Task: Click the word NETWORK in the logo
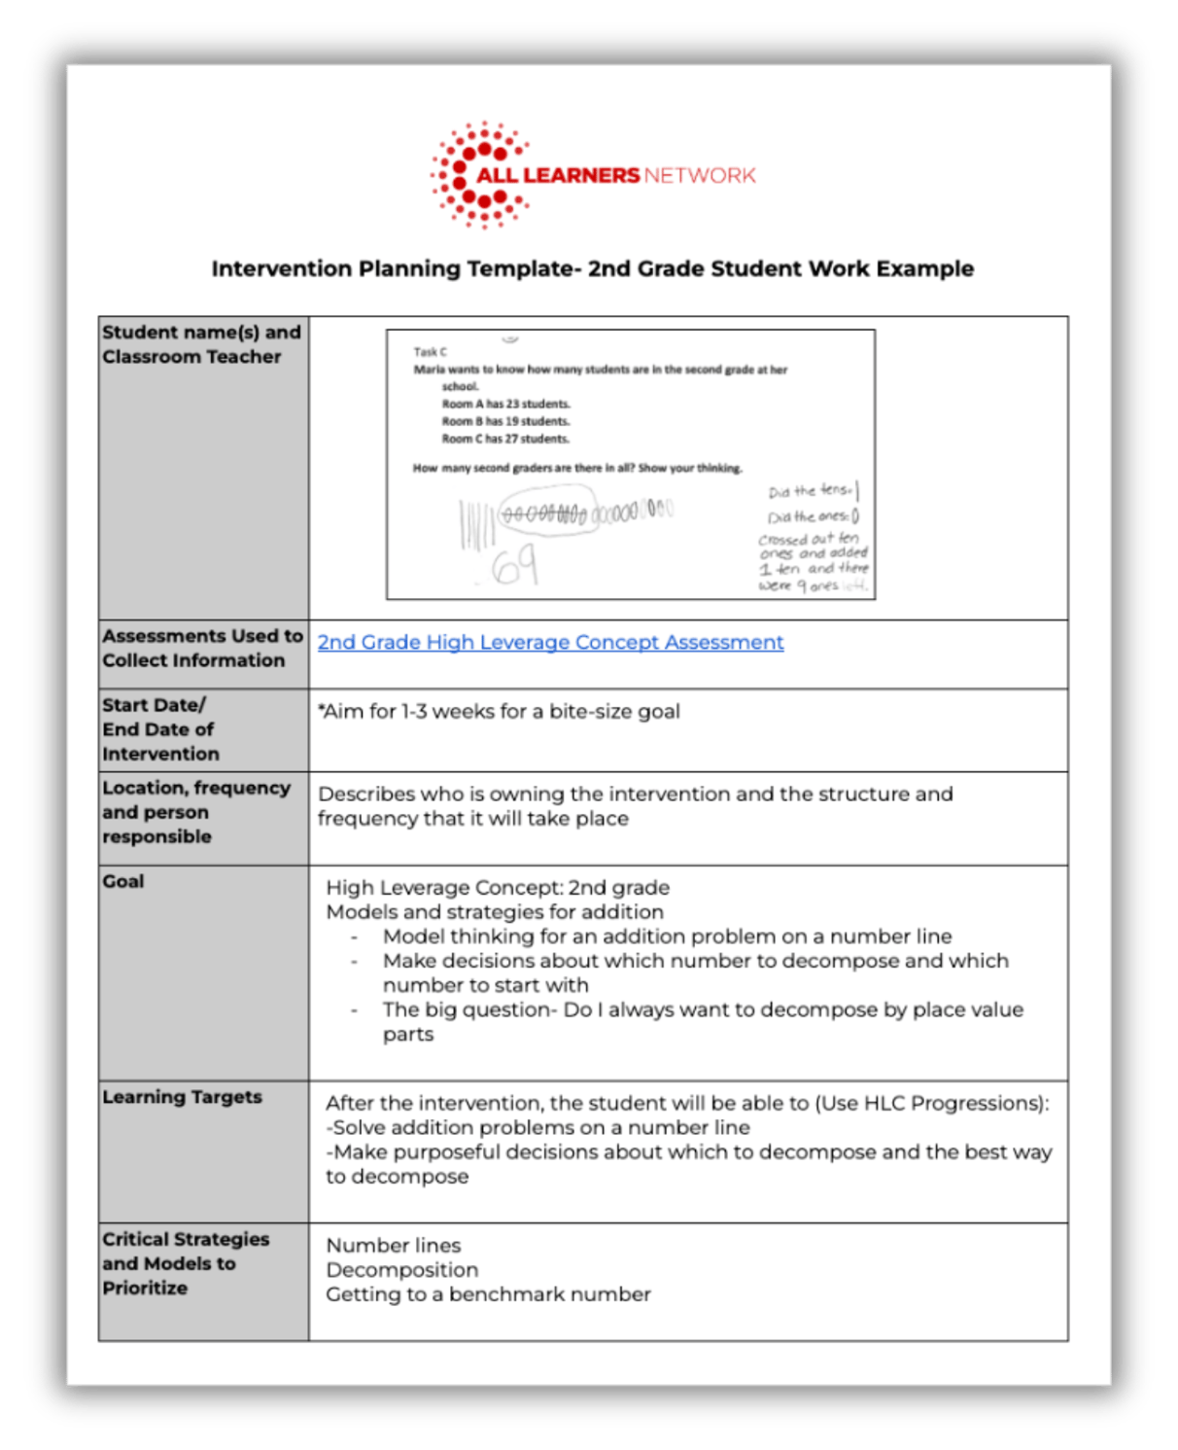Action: pos(699,175)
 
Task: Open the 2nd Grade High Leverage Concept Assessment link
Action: pos(550,642)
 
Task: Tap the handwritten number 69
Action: pos(514,566)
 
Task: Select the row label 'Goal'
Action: pos(123,881)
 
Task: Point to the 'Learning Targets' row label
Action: pos(182,1097)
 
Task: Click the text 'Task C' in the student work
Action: pos(431,352)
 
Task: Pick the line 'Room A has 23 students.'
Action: pos(505,404)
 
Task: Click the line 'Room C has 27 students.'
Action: pos(505,439)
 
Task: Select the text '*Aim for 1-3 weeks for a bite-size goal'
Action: pos(499,711)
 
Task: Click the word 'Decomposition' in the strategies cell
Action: pos(401,1270)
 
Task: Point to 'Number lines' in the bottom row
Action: pos(394,1246)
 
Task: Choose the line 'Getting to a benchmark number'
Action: pos(488,1294)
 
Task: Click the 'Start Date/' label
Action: pos(154,705)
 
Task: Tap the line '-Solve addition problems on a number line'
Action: pos(537,1128)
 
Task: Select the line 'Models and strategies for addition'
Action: pos(495,912)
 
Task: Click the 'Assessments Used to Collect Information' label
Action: pos(202,648)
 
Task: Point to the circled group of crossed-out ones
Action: pos(544,513)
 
